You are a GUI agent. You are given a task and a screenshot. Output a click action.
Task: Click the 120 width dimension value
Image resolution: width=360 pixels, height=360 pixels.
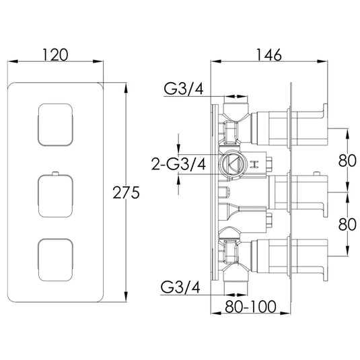pyautogui.click(x=55, y=55)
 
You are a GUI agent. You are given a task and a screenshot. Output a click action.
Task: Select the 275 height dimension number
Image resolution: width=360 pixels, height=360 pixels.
pyautogui.click(x=126, y=194)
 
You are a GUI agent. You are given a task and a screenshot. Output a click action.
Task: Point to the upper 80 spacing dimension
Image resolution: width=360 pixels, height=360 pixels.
pyautogui.click(x=347, y=161)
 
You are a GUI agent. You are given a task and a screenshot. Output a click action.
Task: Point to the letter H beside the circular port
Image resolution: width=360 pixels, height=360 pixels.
pyautogui.click(x=254, y=165)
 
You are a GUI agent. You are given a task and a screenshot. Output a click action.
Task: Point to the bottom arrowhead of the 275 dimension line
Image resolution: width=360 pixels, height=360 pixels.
pyautogui.click(x=126, y=301)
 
